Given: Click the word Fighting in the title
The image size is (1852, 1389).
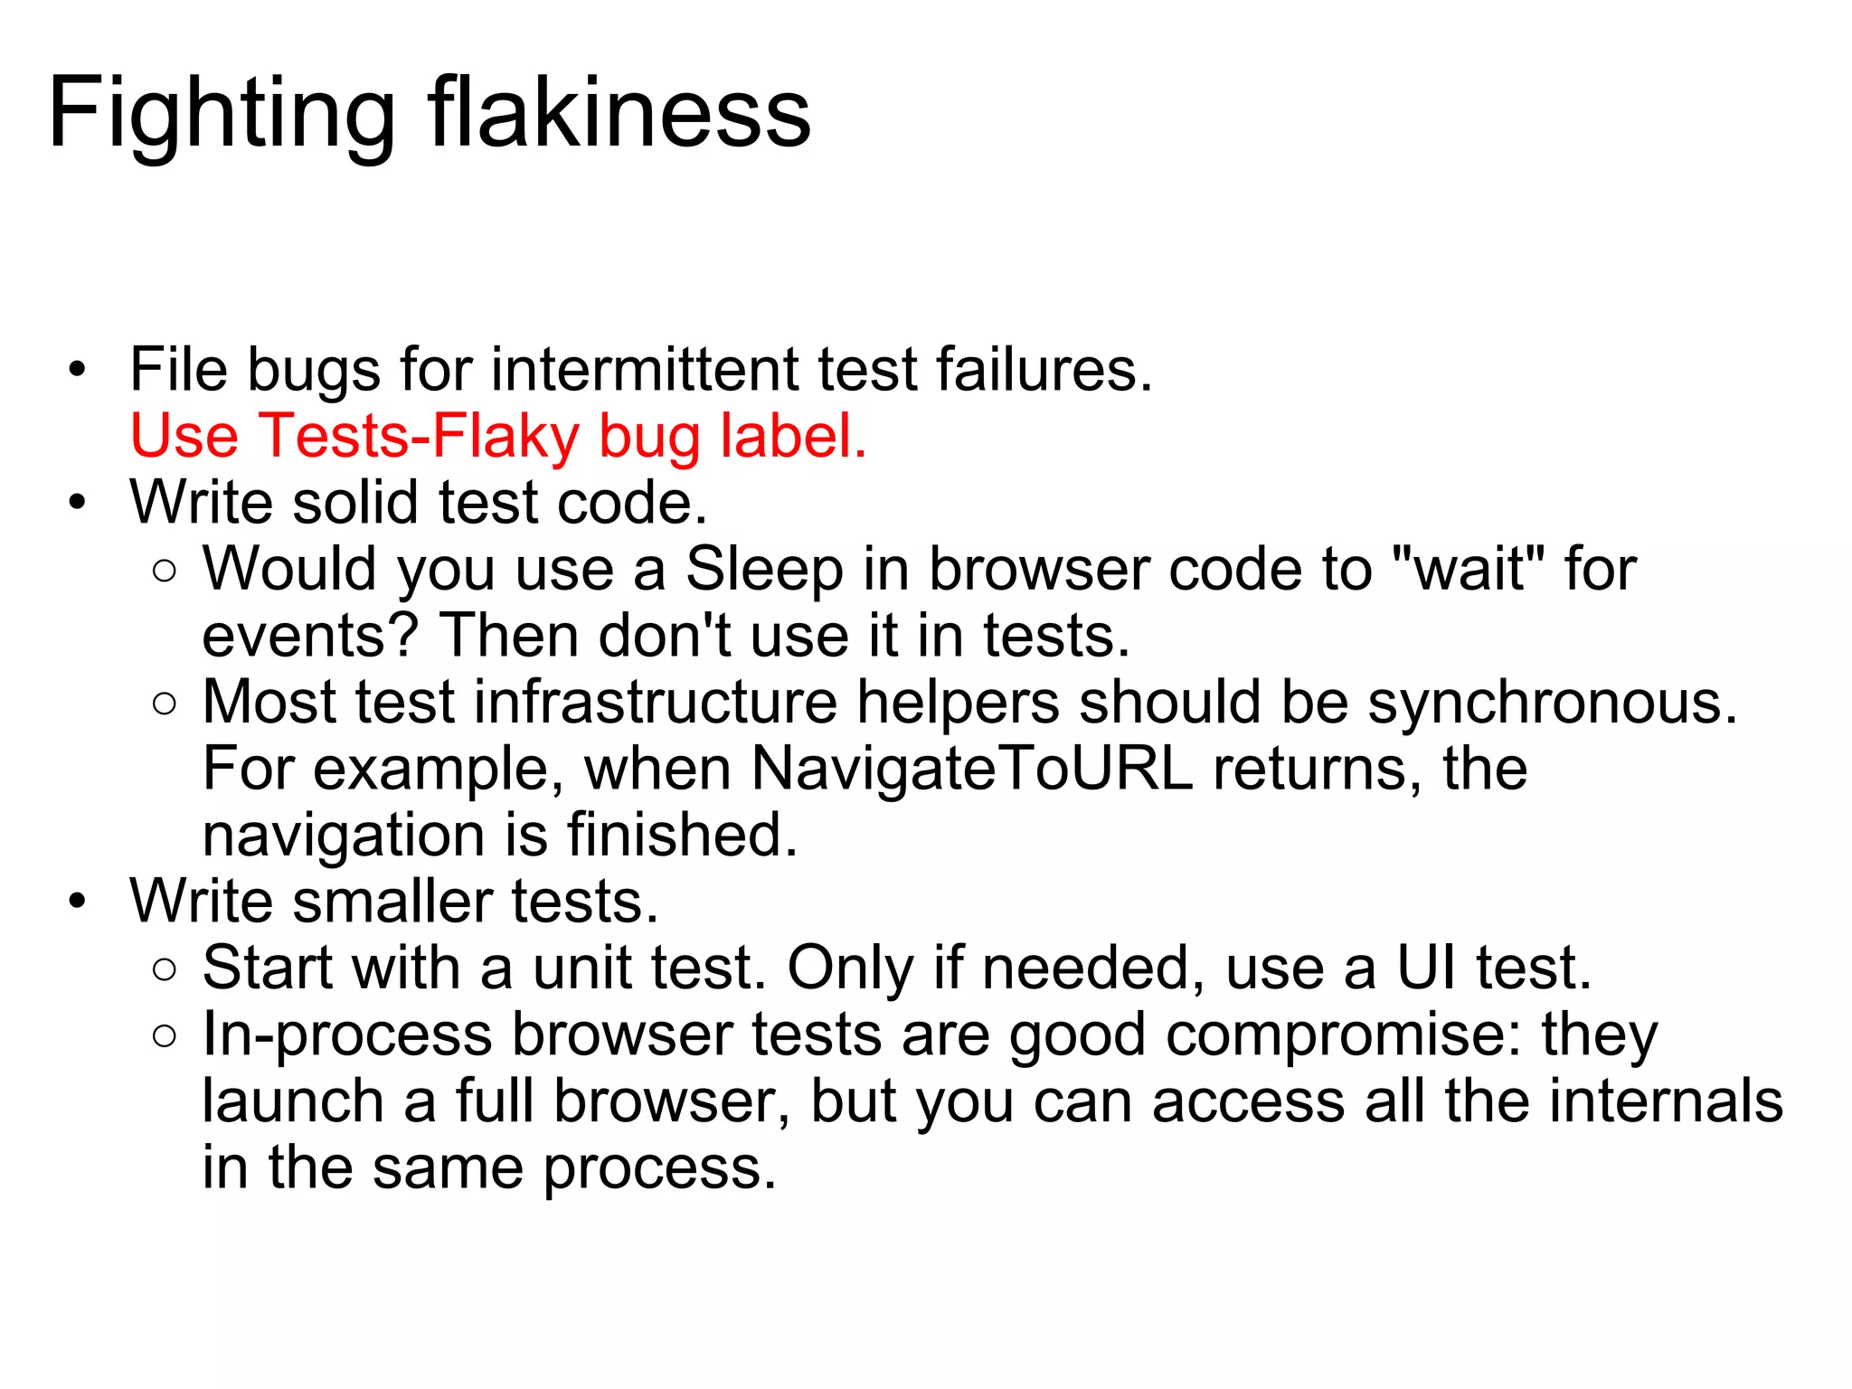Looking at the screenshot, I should pos(222,114).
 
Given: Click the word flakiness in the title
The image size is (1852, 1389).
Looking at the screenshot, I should pos(619,114).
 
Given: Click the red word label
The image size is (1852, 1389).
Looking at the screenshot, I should pos(793,436).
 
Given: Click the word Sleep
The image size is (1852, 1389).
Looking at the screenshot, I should pos(764,570).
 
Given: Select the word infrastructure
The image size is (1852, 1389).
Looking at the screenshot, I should pos(656,703).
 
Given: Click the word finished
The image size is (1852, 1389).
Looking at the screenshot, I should pos(683,835).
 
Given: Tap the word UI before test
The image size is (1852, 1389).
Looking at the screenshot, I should pos(1426,968).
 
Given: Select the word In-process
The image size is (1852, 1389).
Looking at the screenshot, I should pos(347,1035).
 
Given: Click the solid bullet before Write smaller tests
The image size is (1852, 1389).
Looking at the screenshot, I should pos(78,902).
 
